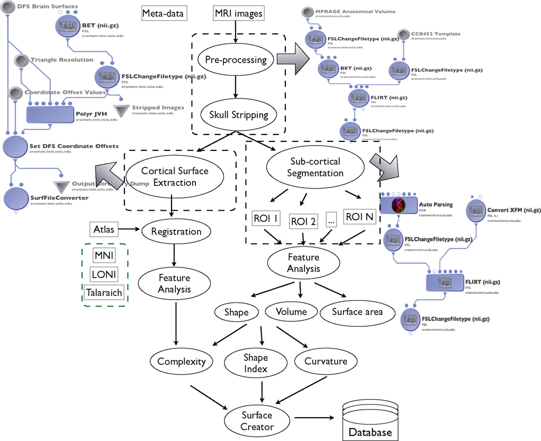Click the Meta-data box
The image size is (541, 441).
tap(164, 13)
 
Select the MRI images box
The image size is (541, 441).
tap(238, 13)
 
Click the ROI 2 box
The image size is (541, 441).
tap(303, 221)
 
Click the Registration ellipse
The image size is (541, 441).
tap(176, 231)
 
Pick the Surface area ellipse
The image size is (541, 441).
tap(358, 312)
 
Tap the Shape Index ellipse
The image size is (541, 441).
tap(256, 363)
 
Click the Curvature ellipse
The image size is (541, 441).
tap(326, 362)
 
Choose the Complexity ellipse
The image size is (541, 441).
tap(182, 363)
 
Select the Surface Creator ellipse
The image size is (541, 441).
tap(257, 421)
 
